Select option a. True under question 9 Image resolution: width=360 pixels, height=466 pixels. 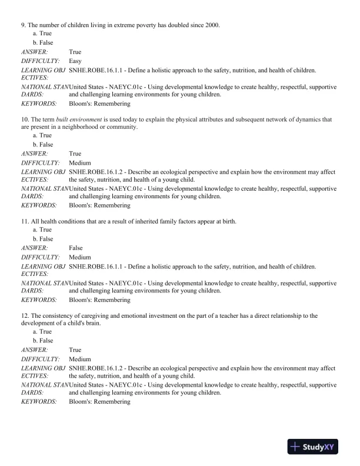(42, 34)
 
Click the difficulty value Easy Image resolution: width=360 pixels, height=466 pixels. (75, 61)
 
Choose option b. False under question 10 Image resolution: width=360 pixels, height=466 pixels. (43, 144)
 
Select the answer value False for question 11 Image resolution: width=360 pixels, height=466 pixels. (76, 248)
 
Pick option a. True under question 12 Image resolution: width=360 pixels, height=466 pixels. (42, 332)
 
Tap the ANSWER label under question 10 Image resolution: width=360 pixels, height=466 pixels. (35, 154)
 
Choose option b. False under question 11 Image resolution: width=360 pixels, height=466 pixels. (43, 239)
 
